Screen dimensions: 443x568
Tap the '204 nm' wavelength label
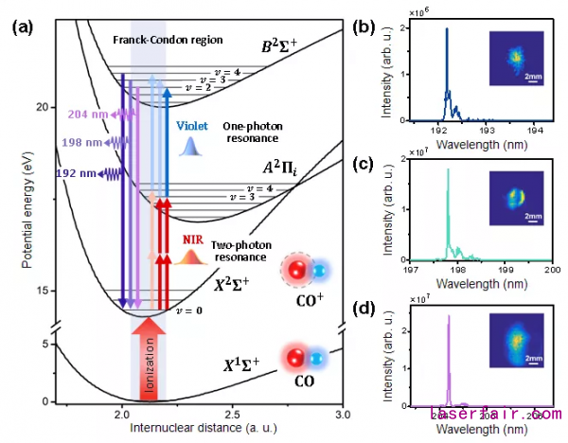(86, 114)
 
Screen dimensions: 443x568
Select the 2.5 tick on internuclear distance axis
(232, 416)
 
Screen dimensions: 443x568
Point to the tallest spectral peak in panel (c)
(447, 170)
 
